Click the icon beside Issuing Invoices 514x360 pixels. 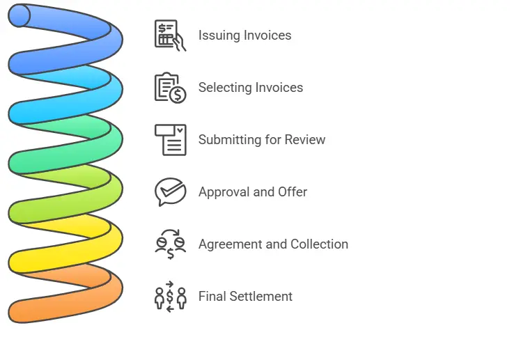(x=170, y=35)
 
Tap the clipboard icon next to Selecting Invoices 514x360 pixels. (x=170, y=88)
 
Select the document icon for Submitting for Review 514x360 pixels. (x=170, y=139)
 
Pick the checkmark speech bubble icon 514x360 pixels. (x=170, y=191)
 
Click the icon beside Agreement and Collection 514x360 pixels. (x=170, y=244)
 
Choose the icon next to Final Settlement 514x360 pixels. (x=170, y=296)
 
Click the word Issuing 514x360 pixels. (x=219, y=36)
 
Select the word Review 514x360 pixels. (x=305, y=139)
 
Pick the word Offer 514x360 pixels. (x=293, y=191)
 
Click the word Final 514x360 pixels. (x=212, y=296)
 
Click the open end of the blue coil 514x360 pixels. (x=19, y=15)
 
